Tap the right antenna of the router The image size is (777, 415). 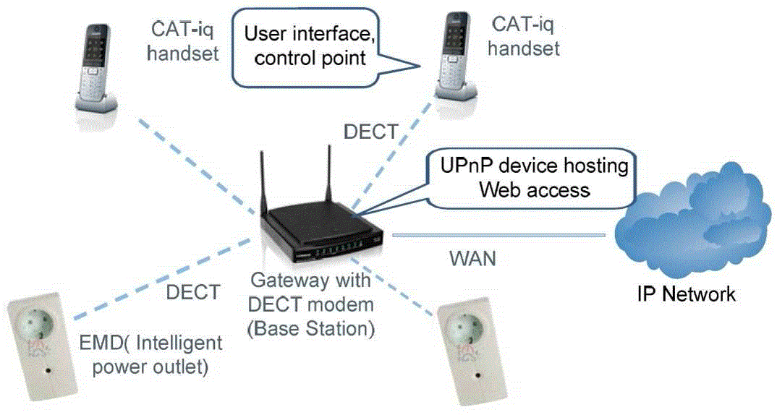tap(327, 174)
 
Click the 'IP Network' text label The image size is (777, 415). tap(686, 294)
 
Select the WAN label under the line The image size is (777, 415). tap(472, 258)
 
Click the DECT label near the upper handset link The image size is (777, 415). tap(370, 132)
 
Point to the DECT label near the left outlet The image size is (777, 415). tap(192, 292)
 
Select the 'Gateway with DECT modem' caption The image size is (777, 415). tap(310, 303)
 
